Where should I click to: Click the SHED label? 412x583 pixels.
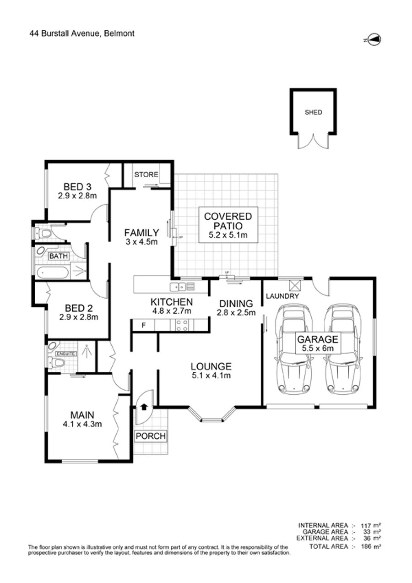pos(313,112)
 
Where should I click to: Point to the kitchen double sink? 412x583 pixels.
pos(178,287)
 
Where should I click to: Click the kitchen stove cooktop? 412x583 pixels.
pos(182,325)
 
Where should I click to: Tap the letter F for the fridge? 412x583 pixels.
pos(143,325)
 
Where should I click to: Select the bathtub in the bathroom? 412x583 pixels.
pos(53,273)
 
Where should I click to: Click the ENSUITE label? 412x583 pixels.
pos(66,354)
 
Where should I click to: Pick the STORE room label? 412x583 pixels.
pos(146,174)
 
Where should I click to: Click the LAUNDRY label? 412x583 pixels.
pos(282,296)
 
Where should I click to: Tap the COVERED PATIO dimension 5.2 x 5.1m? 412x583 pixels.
pos(228,235)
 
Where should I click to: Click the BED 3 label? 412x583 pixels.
pos(77,186)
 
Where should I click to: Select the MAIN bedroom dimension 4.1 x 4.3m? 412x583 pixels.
pos(82,424)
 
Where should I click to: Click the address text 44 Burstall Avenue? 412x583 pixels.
pos(65,33)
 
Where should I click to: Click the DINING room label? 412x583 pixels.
pos(236,304)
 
